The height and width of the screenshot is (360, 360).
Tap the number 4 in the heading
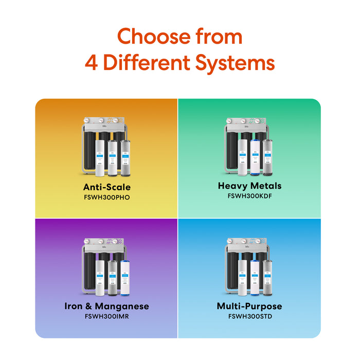click(x=92, y=63)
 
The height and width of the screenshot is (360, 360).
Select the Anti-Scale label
click(x=106, y=187)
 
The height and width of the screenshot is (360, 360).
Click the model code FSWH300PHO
click(x=106, y=197)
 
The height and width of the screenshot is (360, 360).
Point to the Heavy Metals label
click(x=249, y=186)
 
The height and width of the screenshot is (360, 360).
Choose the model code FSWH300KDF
click(x=249, y=196)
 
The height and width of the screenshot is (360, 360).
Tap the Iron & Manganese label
click(x=106, y=306)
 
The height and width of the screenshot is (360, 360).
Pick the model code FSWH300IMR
click(x=106, y=316)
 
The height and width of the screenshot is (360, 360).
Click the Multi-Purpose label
click(x=249, y=306)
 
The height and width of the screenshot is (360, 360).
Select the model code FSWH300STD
click(x=249, y=316)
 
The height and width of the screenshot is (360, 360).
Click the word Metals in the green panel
click(x=266, y=186)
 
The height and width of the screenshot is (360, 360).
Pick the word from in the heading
click(x=217, y=37)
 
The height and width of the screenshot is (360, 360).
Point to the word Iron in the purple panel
click(x=74, y=306)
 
